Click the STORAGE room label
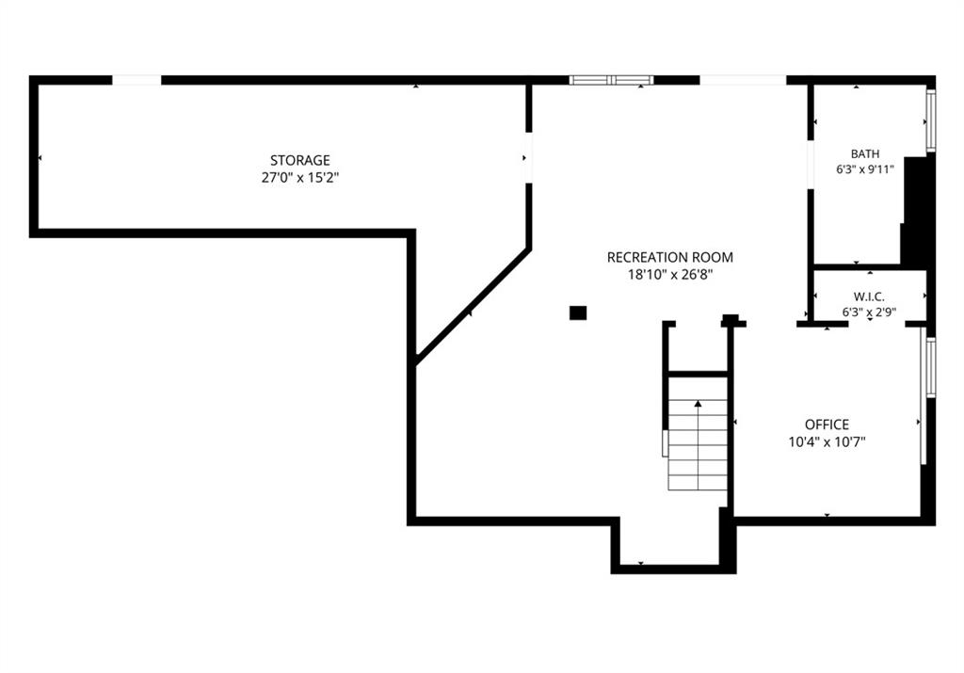point(300,160)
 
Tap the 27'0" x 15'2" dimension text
point(300,178)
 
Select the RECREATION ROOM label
point(670,258)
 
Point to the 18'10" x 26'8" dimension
point(670,275)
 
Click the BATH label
point(865,153)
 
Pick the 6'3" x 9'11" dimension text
point(865,169)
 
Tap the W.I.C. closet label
point(869,296)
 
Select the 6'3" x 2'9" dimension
point(869,312)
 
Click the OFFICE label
point(827,425)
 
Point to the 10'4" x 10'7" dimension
point(827,441)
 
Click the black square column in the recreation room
point(578,312)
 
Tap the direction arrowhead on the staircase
point(698,404)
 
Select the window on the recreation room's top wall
point(611,80)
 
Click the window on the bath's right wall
point(931,120)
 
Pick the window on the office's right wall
point(931,367)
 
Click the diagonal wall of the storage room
point(474,307)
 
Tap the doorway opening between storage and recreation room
point(528,158)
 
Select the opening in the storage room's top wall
point(137,80)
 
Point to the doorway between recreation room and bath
point(811,166)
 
